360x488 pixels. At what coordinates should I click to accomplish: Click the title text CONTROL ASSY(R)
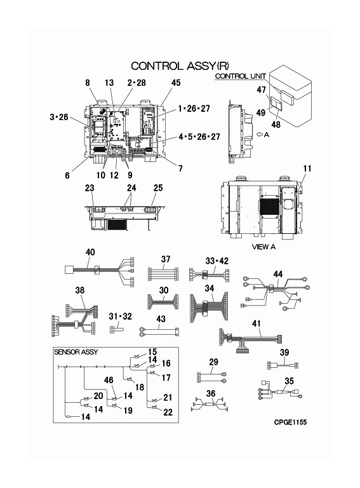pos(180,66)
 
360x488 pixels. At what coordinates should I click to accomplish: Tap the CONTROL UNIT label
pos(240,76)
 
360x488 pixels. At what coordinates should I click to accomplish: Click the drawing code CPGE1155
pos(290,422)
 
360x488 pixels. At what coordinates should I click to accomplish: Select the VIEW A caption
pos(263,247)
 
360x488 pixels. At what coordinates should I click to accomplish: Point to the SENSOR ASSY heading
pos(76,352)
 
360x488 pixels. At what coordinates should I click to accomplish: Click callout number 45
pos(176,83)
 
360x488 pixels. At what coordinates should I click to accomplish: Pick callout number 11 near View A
pos(307,168)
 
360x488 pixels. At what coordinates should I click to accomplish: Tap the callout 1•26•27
pos(194,108)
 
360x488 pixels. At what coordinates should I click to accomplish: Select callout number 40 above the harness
pos(90,252)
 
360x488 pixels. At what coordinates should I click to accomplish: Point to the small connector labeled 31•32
pos(116,329)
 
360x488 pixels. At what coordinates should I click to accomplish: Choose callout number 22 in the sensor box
pos(168,412)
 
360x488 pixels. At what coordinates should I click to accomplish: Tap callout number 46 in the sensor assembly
pos(109,380)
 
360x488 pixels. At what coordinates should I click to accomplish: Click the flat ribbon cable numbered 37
pos(163,274)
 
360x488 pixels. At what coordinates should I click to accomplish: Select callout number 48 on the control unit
pos(276,124)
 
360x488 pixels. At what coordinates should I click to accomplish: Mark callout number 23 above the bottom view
pos(90,188)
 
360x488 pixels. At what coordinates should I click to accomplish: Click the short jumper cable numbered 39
pos(283,365)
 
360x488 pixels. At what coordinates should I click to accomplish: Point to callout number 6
pos(67,175)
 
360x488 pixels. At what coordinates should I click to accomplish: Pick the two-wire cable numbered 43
pos(159,332)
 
